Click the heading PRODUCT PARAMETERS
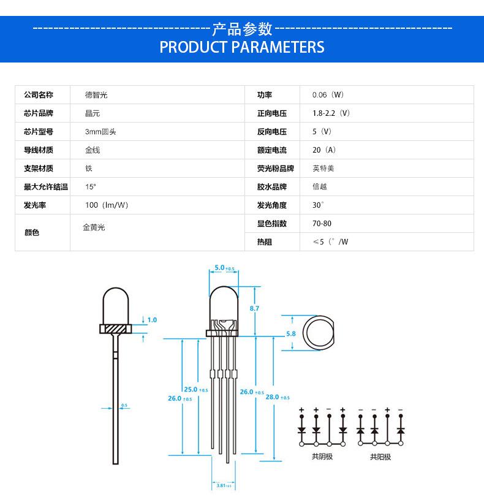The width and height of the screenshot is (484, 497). pos(241,47)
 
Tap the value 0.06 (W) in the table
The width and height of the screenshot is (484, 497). pos(328,95)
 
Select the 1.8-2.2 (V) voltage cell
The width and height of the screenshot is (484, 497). pos(331,113)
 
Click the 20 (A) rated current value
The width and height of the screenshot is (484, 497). pos(324,150)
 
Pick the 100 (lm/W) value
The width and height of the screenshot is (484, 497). pos(107,205)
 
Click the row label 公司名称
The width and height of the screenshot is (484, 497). pos(39,95)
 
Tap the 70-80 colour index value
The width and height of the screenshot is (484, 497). pos(322,224)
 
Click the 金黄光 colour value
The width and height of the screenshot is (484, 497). pos(94,227)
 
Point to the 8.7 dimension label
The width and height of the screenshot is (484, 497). pos(254,308)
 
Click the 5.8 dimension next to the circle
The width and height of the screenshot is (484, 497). pos(290,334)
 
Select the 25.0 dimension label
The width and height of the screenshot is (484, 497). pos(191,389)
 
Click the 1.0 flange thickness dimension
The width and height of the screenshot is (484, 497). pos(152,320)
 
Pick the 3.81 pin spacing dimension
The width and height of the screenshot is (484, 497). pos(222,486)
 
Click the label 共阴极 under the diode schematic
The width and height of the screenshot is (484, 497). pos(322,457)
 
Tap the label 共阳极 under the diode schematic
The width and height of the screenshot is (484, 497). pos(380,457)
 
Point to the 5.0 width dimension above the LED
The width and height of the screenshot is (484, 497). pos(219,268)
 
